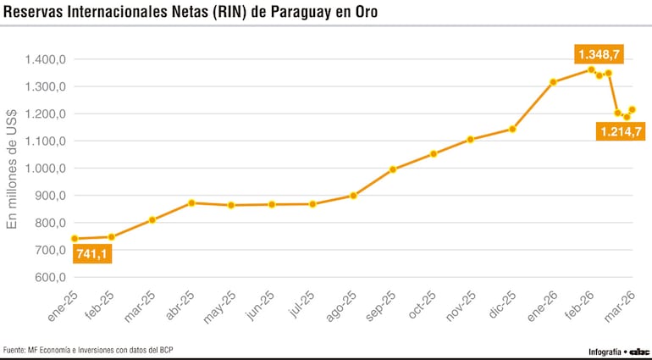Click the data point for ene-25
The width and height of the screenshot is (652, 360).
(x=75, y=239)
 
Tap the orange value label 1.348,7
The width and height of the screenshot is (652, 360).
(x=600, y=54)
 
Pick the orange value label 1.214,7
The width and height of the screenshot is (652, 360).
(x=622, y=130)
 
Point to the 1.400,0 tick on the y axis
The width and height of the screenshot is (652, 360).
(x=45, y=59)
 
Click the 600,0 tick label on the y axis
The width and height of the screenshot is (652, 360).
(x=50, y=277)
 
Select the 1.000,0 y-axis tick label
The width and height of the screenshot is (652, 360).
(x=45, y=168)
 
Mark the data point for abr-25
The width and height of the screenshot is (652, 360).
(x=192, y=203)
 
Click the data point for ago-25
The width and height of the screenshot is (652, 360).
(x=353, y=196)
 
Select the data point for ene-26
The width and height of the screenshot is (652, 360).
(x=553, y=82)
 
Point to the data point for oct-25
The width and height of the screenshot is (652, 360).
(x=434, y=154)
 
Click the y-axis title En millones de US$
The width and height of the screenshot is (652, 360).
(x=12, y=169)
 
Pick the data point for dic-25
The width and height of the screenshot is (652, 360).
(x=512, y=130)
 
